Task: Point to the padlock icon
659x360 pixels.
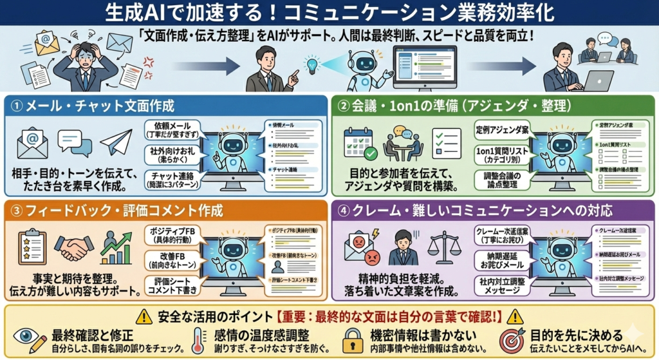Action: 352,340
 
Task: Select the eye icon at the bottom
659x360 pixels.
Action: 26,337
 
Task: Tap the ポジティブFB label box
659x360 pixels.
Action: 169,232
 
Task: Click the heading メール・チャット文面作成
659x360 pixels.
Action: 97,106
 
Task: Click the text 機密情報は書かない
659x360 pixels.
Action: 418,334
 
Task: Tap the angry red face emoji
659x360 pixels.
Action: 372,258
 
